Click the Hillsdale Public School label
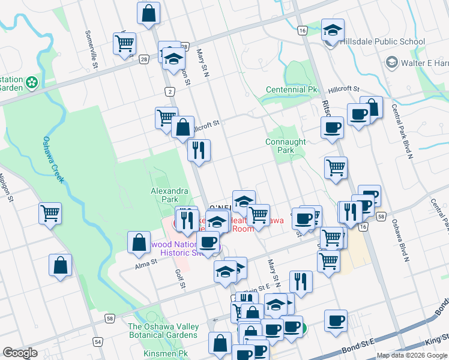point(382,42)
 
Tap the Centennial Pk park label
point(291,90)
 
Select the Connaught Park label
point(286,146)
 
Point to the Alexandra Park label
point(169,195)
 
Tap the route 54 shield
point(97,341)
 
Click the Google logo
point(20,353)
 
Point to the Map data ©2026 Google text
point(411,355)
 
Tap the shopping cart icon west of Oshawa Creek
point(50,213)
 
